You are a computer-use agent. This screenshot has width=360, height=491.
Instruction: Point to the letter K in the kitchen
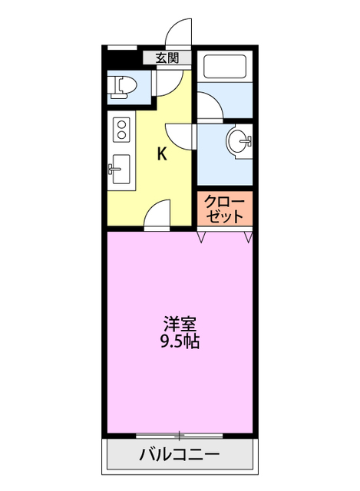[162, 153]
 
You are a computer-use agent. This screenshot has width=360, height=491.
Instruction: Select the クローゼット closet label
[224, 209]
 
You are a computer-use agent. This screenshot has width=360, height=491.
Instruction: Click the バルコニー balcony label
[179, 455]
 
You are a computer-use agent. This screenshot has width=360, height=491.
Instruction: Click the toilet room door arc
[170, 81]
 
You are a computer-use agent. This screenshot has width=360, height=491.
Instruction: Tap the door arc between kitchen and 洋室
[158, 214]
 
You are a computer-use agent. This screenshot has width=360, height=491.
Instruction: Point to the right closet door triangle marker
[248, 237]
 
